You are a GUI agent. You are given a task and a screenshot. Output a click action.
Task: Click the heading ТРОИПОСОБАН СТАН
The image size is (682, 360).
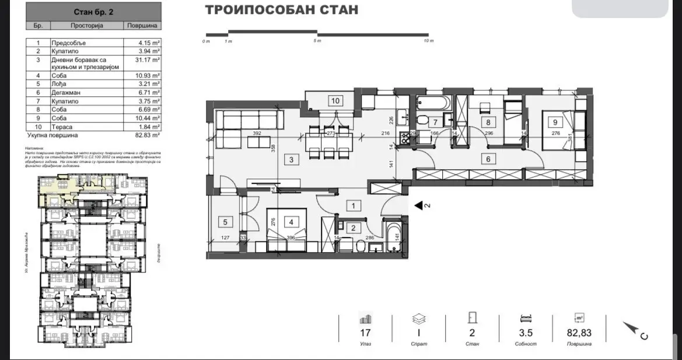point(282,11)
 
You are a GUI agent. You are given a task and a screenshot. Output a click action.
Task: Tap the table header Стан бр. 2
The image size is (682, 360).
point(94,11)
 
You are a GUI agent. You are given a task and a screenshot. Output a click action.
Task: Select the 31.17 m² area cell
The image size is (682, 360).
point(142,59)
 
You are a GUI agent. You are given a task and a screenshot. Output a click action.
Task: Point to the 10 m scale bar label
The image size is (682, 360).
point(429,41)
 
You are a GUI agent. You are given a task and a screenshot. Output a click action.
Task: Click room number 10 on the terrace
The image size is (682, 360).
point(335,100)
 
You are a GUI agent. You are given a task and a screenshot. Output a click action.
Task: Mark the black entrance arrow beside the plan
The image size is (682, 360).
point(418,205)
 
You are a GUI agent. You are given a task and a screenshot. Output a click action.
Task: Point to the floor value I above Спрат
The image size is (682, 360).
point(418,334)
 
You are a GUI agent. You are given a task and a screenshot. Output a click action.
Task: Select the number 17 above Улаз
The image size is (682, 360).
point(365,334)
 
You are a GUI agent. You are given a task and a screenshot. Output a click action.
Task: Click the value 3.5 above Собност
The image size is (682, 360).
point(526,334)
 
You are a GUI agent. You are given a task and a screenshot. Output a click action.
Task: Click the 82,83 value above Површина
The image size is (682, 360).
point(579,334)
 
